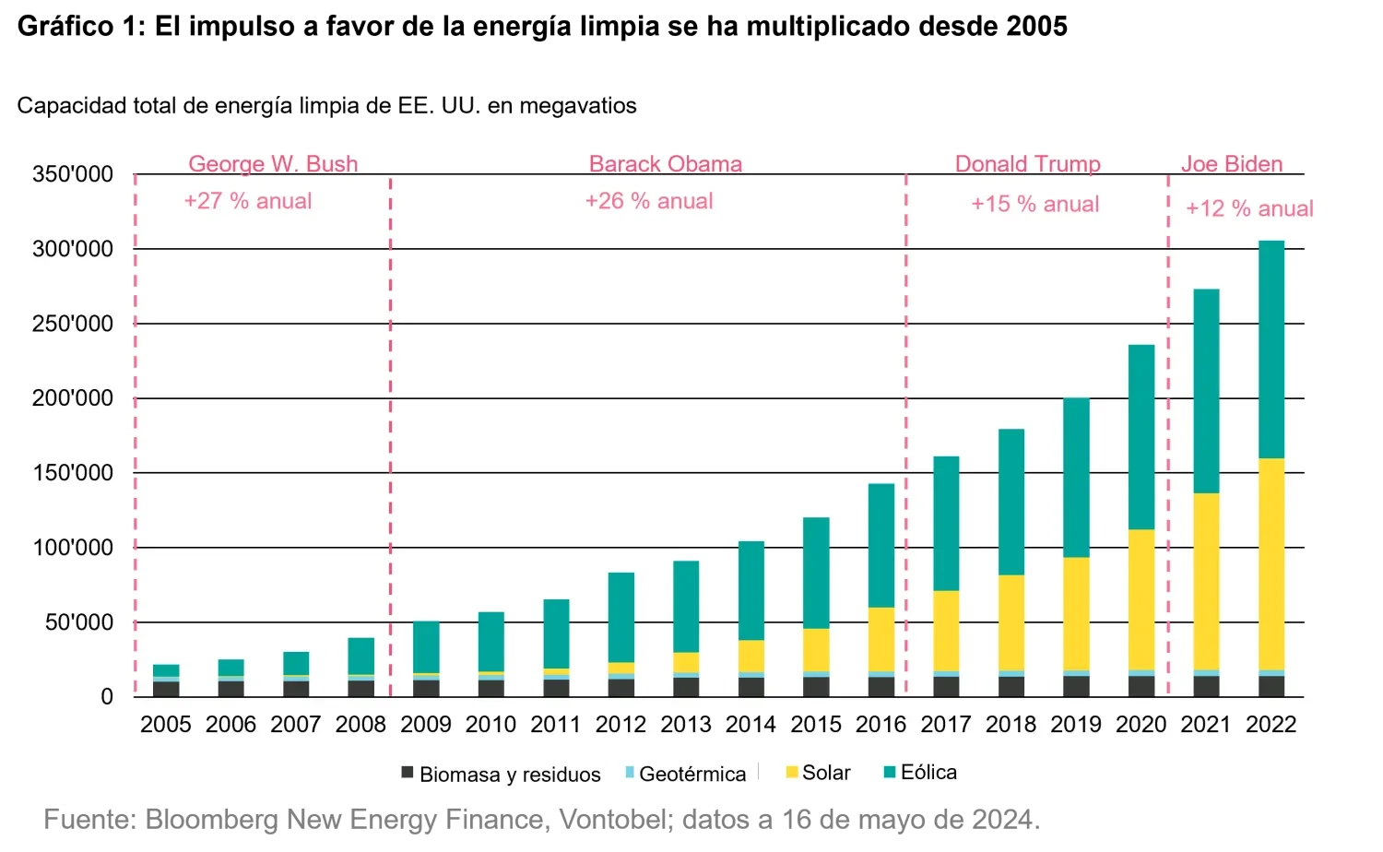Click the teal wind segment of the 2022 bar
[1271, 349]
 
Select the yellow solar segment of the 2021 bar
[1206, 581]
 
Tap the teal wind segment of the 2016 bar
[881, 545]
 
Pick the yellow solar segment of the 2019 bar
[1076, 613]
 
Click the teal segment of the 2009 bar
[426, 647]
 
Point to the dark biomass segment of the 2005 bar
[166, 689]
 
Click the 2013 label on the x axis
[685, 725]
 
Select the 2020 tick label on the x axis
[1141, 725]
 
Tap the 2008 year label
[361, 725]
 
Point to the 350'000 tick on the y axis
[73, 174]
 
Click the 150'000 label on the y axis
[73, 473]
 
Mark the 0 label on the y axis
[107, 697]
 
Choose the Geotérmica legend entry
[684, 774]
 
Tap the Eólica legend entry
[919, 772]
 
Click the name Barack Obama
[666, 164]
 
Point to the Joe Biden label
[1232, 164]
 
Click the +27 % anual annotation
[248, 201]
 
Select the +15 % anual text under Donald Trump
[1034, 204]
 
